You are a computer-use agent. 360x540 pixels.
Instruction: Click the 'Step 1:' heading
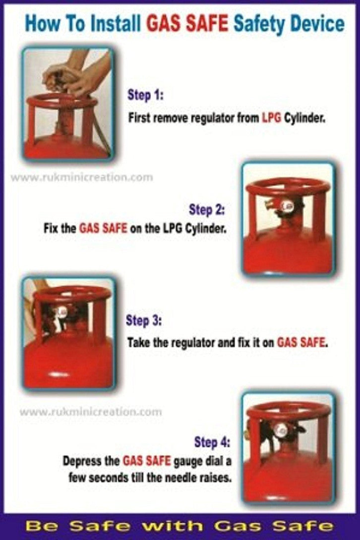(x=146, y=95)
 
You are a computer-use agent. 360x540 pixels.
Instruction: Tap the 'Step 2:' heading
(x=207, y=209)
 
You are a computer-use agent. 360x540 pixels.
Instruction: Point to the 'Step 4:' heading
(x=212, y=442)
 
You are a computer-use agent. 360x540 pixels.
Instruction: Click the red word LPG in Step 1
(x=272, y=118)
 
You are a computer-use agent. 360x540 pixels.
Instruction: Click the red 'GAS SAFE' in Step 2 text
(x=103, y=228)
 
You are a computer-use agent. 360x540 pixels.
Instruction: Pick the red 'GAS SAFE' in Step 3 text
(x=301, y=342)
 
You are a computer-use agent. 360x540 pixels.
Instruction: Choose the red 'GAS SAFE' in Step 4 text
(x=147, y=461)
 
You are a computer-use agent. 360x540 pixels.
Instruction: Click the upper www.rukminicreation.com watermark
(x=81, y=177)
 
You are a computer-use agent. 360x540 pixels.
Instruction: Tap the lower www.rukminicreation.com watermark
(x=91, y=411)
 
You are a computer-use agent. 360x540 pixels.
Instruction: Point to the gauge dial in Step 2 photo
(x=287, y=206)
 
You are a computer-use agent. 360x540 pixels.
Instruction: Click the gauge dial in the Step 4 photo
(x=282, y=429)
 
